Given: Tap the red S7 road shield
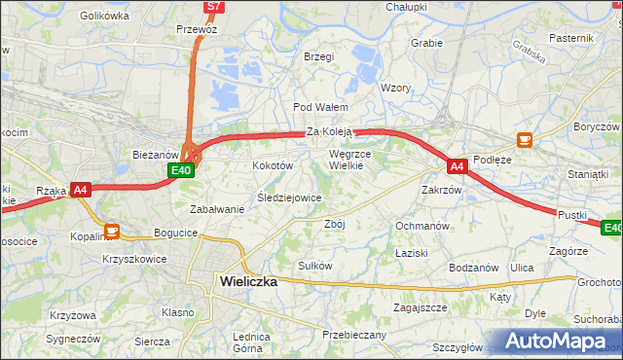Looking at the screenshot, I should (215, 7).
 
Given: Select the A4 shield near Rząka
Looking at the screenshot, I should (81, 191).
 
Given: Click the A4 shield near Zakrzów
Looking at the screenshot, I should (458, 166).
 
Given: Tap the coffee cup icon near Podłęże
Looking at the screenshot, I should (525, 140).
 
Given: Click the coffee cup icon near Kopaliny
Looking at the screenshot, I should (112, 231).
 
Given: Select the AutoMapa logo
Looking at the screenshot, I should (552, 342).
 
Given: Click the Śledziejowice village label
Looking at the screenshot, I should (288, 198).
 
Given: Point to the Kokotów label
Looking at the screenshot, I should (273, 166).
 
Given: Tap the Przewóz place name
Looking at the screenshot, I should (197, 30).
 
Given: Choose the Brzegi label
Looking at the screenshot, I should (318, 56).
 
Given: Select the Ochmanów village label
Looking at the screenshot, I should (421, 226).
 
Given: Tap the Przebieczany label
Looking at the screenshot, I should (354, 335).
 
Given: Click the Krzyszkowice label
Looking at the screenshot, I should (134, 260).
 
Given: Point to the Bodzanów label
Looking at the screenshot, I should (474, 268).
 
